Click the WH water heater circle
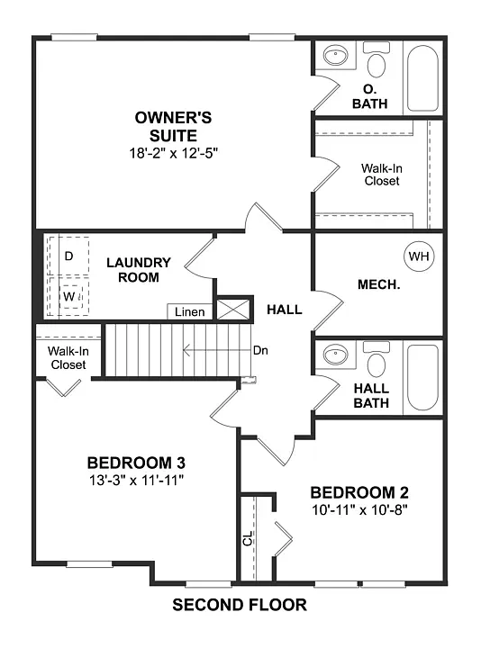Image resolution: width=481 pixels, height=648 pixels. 418,256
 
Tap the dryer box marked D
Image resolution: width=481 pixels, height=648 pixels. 69,256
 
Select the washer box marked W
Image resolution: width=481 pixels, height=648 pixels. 69,295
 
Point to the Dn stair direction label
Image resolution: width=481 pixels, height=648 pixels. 260,350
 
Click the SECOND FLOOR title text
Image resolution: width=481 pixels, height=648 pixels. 240,605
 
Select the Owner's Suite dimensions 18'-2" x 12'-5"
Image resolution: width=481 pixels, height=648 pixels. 174,153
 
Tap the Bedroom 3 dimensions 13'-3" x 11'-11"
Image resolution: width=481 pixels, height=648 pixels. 136,480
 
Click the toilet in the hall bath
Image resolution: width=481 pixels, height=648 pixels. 377,363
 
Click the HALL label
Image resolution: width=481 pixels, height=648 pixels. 284,310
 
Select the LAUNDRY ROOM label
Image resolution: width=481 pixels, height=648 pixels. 138,270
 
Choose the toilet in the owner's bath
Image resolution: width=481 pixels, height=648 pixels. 377,63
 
